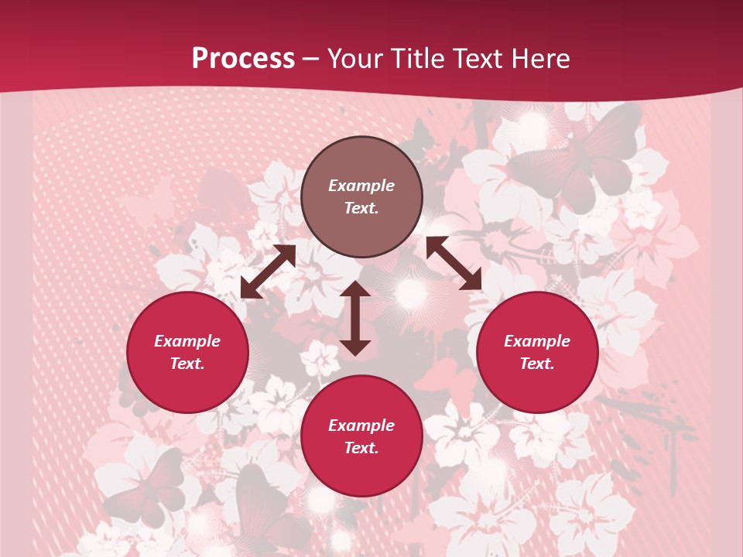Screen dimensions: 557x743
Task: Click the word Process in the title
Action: point(243,59)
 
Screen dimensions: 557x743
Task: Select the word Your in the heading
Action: point(354,59)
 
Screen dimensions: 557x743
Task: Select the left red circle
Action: point(187,352)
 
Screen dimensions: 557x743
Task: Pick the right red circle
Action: point(537,352)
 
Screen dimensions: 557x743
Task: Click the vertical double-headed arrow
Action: point(355,318)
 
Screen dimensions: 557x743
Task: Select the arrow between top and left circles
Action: point(268,272)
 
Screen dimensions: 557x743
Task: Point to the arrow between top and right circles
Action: point(454,263)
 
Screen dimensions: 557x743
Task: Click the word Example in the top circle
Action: point(361,186)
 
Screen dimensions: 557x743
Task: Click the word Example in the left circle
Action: point(187,341)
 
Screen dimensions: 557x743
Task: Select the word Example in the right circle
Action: point(537,341)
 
